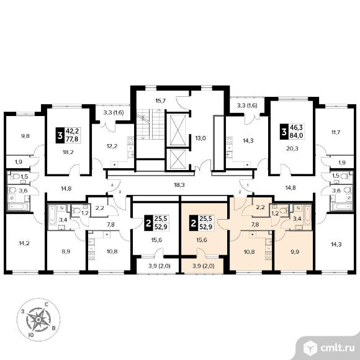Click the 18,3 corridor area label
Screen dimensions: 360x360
point(179,185)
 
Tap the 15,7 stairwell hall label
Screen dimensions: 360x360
point(161,101)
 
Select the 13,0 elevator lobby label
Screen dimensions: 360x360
point(200,138)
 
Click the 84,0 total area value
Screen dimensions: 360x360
point(297,135)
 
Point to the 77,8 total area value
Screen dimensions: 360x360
point(72,138)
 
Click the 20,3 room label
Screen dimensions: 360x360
point(292,149)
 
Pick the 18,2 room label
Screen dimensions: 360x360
point(68,152)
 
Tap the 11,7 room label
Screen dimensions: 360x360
point(336,132)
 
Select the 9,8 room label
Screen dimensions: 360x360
point(25,136)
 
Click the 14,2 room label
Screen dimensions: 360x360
point(24,243)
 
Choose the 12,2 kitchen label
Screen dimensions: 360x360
point(112,146)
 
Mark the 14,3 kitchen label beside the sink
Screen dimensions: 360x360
point(248,140)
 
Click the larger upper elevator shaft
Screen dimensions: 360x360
point(178,130)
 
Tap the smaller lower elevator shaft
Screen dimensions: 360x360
point(178,159)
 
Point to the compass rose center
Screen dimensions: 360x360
point(39,320)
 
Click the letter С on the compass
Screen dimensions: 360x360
point(46,305)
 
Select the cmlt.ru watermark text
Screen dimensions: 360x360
point(337,348)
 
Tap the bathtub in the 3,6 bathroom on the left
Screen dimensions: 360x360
point(18,207)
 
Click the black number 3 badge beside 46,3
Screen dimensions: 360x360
point(284,132)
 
